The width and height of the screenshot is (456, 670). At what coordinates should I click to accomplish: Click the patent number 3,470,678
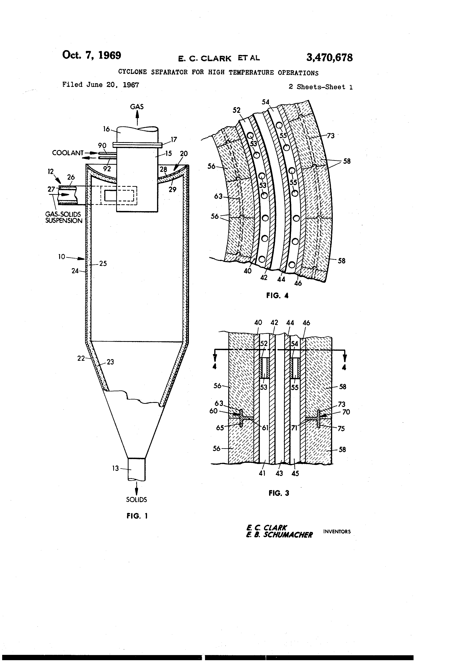pos(329,58)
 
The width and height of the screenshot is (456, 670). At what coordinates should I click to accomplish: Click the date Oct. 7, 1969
pos(91,55)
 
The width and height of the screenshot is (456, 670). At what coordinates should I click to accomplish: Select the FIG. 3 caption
pos(279,493)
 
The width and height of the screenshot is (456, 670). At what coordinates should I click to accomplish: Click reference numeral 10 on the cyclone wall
pos(62,257)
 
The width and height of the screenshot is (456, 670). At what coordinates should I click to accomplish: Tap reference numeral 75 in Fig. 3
pos(341,428)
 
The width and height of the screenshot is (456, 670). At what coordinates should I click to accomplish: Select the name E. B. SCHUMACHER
pos(279,535)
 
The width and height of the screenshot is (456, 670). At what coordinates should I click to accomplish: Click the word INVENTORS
pos(337,532)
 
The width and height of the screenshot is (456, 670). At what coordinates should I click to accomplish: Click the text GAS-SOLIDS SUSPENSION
pos(63,217)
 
